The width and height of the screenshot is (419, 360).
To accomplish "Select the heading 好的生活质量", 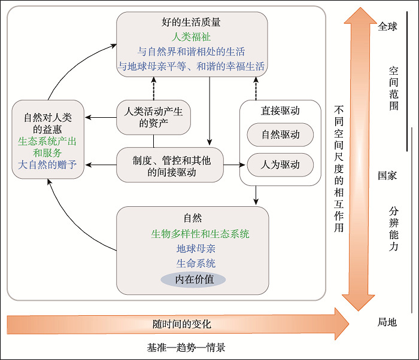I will pyautogui.click(x=191, y=23).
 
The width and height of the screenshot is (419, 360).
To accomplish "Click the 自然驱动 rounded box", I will pyautogui.click(x=280, y=135).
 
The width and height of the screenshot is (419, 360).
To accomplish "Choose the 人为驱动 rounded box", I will pyautogui.click(x=280, y=164).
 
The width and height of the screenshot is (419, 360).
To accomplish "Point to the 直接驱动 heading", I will pyautogui.click(x=280, y=111).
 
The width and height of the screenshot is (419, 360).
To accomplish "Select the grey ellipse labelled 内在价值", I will pyautogui.click(x=192, y=279).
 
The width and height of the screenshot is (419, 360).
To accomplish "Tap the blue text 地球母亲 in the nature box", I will pyautogui.click(x=192, y=249).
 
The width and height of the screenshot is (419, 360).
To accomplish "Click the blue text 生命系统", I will pyautogui.click(x=192, y=264).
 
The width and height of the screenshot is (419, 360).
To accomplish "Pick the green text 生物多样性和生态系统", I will pyautogui.click(x=192, y=234).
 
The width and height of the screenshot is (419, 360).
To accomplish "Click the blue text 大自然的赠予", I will pyautogui.click(x=48, y=164).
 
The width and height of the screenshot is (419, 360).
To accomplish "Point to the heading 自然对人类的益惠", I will pyautogui.click(x=48, y=122).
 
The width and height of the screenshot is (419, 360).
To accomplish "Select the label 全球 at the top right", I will pyautogui.click(x=387, y=26).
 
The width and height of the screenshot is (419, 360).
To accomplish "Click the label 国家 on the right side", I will pyautogui.click(x=387, y=176).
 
